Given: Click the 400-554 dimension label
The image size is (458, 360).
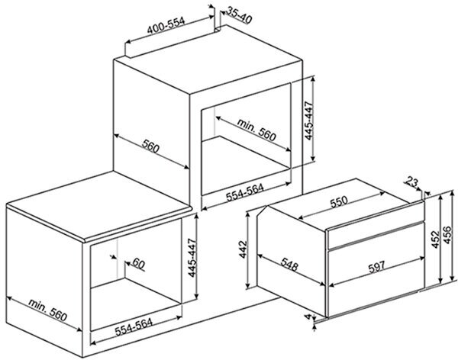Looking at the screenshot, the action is [x=166, y=26].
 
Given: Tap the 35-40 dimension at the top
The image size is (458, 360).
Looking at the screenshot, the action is [x=239, y=15].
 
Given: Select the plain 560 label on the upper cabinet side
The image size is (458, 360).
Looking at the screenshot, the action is [x=150, y=146].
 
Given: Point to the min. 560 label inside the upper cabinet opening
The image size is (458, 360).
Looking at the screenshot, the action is [x=256, y=130].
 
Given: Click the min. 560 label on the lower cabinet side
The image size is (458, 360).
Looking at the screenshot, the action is [x=47, y=310].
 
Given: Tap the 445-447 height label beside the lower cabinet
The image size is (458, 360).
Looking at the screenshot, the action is [x=192, y=258].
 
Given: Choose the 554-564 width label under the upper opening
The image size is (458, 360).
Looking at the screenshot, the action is [x=245, y=193].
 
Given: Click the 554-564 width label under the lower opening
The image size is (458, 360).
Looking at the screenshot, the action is [x=134, y=327].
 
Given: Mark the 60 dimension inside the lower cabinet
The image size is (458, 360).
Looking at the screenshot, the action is [x=138, y=264].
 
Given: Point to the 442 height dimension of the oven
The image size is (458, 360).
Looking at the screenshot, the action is [x=243, y=249].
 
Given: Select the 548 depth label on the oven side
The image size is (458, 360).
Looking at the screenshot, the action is [x=289, y=264].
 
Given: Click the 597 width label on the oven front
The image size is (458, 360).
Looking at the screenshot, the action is [x=376, y=267].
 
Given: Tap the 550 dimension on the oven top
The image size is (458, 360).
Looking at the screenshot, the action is [x=339, y=201].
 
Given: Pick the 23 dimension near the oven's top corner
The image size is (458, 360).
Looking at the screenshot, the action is [x=411, y=182].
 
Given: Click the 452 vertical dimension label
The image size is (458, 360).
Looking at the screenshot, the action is [x=435, y=239].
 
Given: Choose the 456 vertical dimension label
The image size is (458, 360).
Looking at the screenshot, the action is [x=447, y=234].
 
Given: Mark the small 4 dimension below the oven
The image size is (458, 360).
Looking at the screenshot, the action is [x=308, y=317].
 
